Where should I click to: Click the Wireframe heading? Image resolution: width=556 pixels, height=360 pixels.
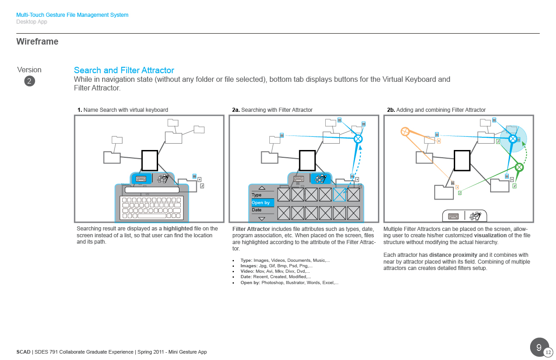click(x=37, y=42)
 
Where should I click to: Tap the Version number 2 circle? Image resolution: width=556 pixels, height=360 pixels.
click(x=30, y=81)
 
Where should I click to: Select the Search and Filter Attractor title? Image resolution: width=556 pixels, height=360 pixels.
click(x=124, y=70)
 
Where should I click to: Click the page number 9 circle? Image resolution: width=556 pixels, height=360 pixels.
click(x=539, y=348)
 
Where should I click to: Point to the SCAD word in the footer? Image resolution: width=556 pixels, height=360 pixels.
click(x=23, y=352)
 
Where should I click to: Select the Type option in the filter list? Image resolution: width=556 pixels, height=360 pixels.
click(x=257, y=195)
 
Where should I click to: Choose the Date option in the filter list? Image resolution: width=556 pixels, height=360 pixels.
click(x=257, y=210)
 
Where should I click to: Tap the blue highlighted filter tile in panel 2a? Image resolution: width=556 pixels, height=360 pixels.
click(x=339, y=195)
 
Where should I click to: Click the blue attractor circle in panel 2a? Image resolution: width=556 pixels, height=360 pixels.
click(x=358, y=139)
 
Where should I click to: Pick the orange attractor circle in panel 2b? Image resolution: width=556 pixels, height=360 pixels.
click(x=405, y=132)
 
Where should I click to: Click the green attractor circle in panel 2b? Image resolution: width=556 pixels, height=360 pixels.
click(x=520, y=167)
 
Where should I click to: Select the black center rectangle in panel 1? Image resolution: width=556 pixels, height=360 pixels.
click(x=149, y=160)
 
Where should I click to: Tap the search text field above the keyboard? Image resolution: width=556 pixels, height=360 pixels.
click(x=152, y=189)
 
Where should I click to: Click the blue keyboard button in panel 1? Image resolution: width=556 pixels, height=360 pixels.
click(x=141, y=179)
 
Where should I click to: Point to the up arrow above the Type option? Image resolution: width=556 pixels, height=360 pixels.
click(x=262, y=188)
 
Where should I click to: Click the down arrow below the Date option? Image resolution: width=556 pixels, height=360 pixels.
click(x=262, y=218)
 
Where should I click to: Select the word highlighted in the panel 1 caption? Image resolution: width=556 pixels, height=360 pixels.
click(x=178, y=229)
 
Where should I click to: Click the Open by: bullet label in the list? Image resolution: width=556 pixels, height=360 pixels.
click(x=250, y=283)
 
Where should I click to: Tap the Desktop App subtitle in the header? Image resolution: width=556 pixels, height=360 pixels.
click(x=32, y=22)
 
